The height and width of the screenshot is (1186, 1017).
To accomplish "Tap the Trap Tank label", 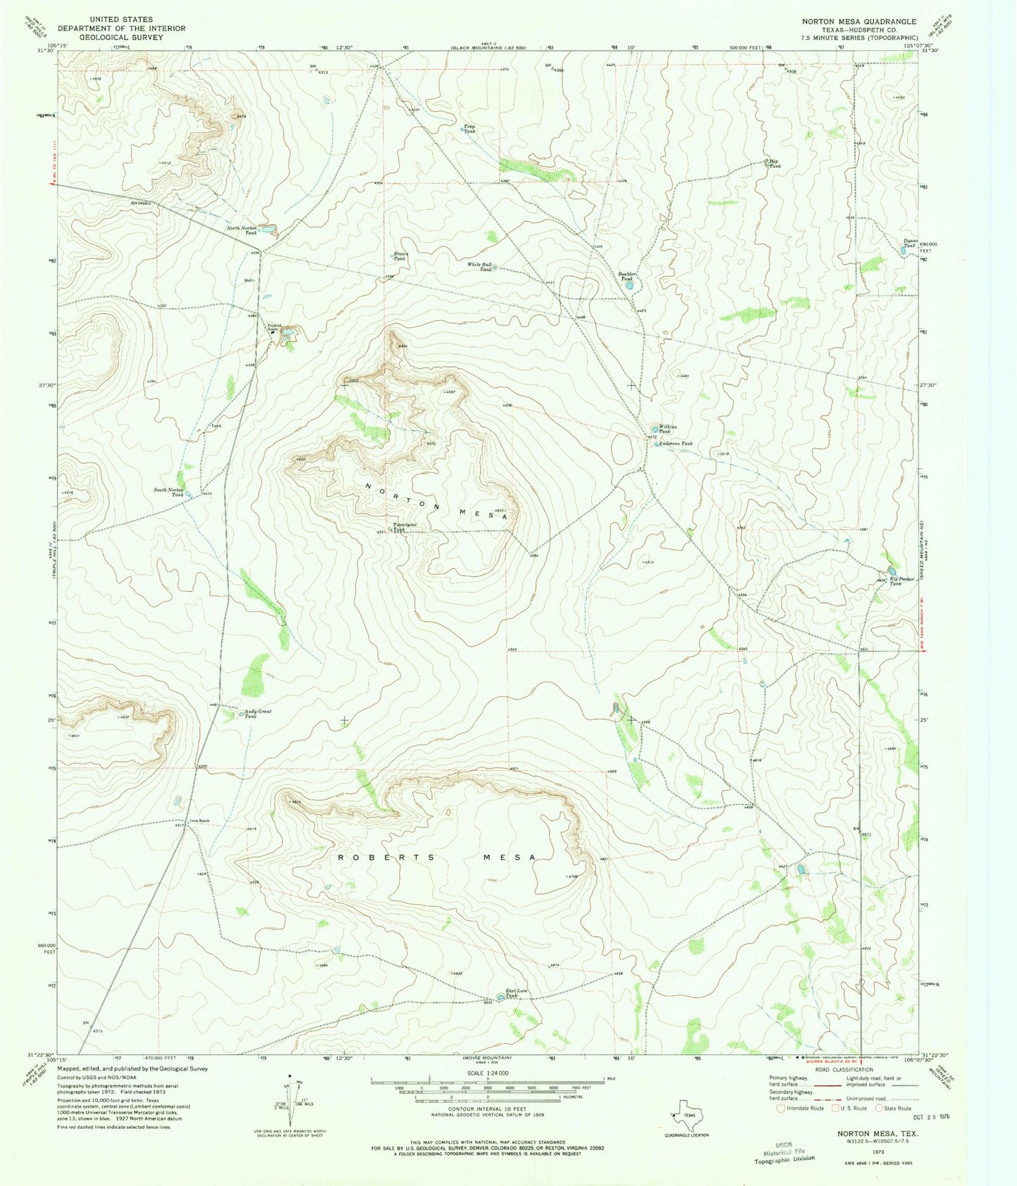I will pos(469,130).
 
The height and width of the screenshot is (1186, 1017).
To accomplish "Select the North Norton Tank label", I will pos(241,230).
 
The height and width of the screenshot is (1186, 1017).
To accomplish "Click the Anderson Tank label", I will pos(676,443).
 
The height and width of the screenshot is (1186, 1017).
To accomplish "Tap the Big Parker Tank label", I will pos(902,581).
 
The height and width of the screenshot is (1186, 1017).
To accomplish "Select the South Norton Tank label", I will pos(169,492).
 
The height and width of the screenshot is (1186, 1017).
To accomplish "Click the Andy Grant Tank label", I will pos(258,714).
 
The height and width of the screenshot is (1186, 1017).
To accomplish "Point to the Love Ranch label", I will pos(199,821).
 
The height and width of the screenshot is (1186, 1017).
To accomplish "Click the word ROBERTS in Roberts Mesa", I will pos(369,857).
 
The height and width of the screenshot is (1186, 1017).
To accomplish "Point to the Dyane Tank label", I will pos(909,244).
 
